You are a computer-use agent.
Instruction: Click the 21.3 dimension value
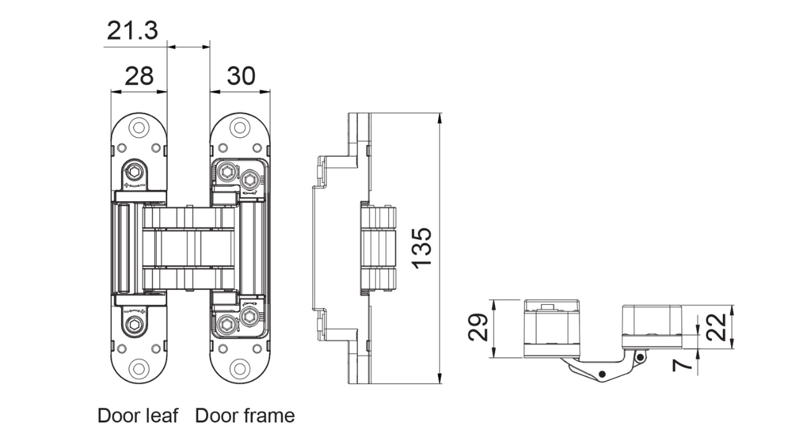[x=132, y=30]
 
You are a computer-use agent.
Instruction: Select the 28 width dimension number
[x=139, y=76]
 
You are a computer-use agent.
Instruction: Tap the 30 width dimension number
[x=241, y=76]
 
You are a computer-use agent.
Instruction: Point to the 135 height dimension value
[x=422, y=248]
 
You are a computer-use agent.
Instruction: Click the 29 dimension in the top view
[x=478, y=327]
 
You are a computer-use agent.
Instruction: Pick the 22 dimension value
[x=716, y=327]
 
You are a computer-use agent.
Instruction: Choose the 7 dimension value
[x=682, y=364]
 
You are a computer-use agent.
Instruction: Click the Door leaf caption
[x=138, y=415]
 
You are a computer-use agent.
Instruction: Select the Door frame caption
[x=245, y=415]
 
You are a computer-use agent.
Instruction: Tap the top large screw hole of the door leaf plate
[x=139, y=127]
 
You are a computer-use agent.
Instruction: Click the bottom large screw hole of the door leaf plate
[x=139, y=369]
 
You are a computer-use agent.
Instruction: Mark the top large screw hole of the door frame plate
[x=240, y=127]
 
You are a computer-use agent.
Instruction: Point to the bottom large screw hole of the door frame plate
[x=240, y=369]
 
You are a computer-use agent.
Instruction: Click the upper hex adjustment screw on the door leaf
[x=135, y=172]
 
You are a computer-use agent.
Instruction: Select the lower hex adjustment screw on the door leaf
[x=135, y=324]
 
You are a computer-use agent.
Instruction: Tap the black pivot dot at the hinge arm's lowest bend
[x=602, y=374]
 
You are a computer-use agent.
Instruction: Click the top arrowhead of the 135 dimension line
[x=440, y=119]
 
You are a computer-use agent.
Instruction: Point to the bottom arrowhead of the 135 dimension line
[x=440, y=378]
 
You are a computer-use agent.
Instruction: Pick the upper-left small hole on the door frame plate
[x=222, y=148]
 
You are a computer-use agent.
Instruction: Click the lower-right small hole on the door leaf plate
[x=156, y=348]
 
